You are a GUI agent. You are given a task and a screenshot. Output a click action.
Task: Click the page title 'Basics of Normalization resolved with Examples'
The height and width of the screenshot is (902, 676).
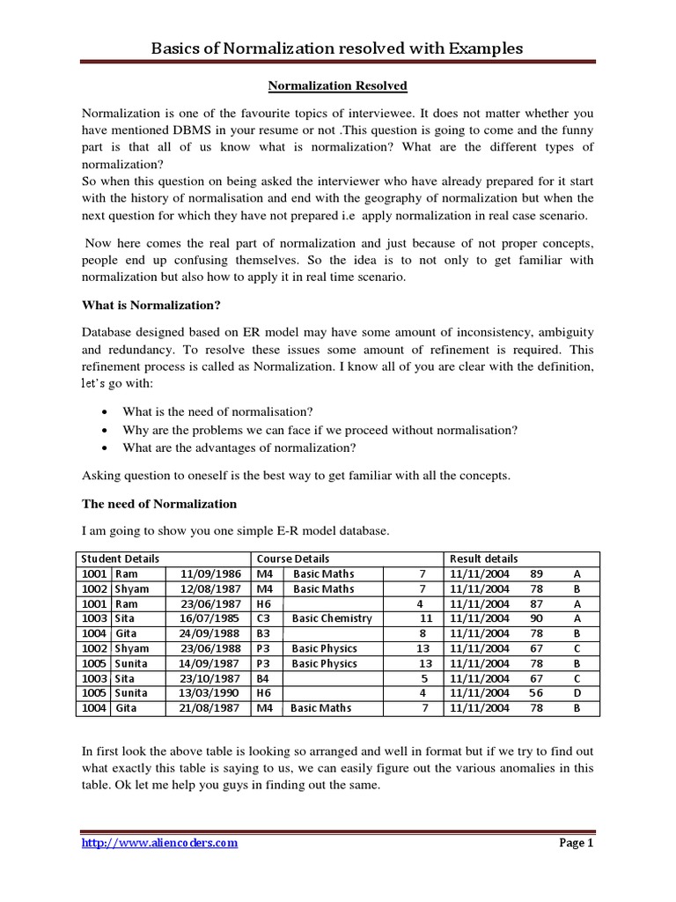338,48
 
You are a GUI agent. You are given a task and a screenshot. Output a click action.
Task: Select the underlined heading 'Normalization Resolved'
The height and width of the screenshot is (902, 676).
338,86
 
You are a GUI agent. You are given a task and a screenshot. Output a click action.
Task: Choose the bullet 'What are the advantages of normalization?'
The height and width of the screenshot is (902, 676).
239,447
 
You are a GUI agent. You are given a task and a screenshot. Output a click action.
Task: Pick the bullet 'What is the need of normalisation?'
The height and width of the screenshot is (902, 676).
218,412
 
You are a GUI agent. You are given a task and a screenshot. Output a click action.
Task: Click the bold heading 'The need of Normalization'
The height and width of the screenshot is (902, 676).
159,504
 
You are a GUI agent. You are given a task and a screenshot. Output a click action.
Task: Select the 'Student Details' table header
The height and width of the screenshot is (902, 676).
121,558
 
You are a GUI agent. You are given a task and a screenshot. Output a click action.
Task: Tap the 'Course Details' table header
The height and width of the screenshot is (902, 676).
293,558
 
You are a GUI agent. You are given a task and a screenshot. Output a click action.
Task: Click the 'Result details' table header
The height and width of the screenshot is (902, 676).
484,558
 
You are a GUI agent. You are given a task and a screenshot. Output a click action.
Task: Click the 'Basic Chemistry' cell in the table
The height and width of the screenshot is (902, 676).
333,618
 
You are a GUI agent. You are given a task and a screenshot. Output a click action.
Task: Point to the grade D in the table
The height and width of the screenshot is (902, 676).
577,693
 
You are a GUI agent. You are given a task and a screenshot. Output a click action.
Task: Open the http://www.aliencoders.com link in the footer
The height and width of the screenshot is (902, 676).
159,843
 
